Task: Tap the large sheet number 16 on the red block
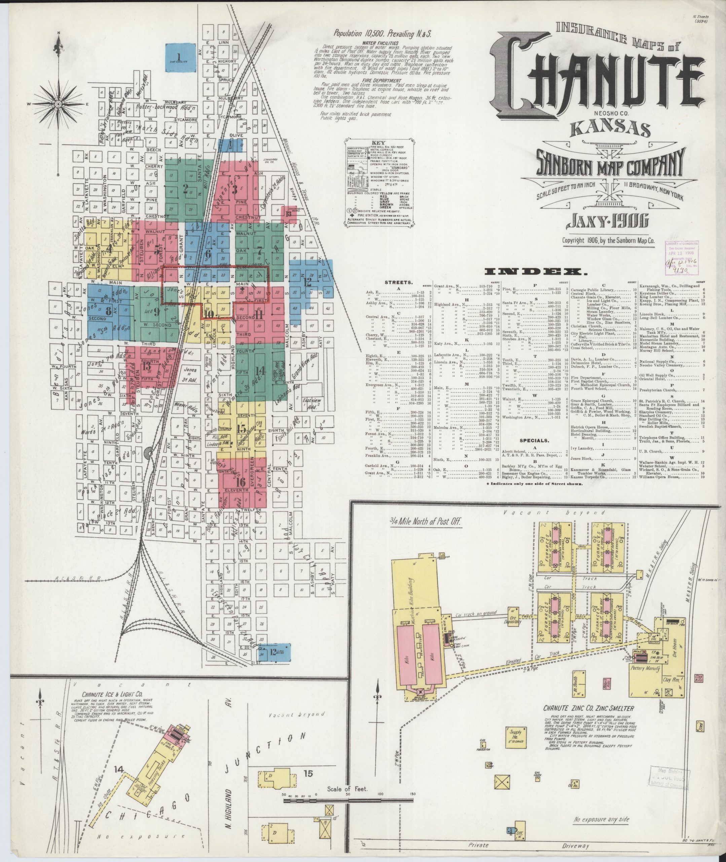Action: coord(241,482)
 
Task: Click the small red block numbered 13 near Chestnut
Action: coord(289,214)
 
